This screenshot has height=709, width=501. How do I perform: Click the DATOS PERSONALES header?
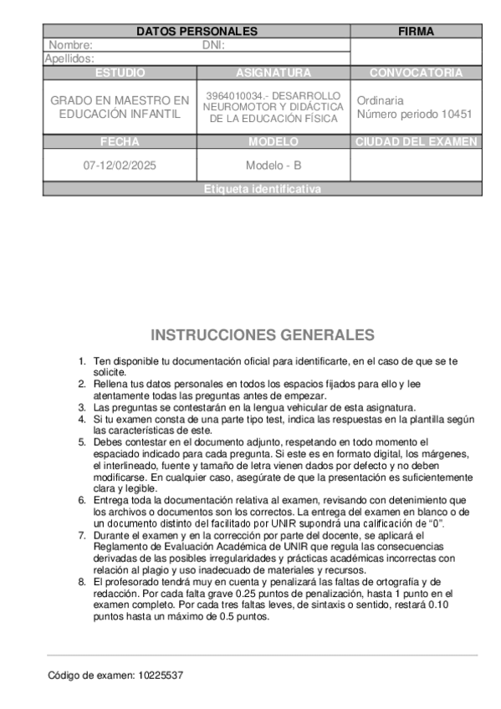(x=197, y=31)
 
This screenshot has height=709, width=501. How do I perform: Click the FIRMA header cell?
(x=416, y=31)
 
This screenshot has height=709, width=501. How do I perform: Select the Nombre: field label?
(x=71, y=45)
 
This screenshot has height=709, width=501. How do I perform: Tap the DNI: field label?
(x=214, y=45)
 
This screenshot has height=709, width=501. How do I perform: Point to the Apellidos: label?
(x=69, y=59)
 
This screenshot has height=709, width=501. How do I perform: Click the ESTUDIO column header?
(x=120, y=73)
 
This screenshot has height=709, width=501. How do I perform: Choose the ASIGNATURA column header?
(x=274, y=73)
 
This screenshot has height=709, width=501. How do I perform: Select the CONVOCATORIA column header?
(x=416, y=73)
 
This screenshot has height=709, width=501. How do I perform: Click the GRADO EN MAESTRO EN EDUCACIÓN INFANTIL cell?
(x=120, y=107)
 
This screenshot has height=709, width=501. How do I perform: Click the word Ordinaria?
(x=381, y=99)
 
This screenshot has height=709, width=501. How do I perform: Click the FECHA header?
(x=120, y=141)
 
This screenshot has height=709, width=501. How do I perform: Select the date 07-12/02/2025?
(x=120, y=166)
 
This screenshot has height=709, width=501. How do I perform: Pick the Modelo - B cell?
(x=274, y=166)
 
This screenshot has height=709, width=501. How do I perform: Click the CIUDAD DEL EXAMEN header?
(x=416, y=141)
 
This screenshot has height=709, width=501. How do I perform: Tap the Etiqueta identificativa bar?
(x=262, y=189)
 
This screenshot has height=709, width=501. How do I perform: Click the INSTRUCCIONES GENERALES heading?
(x=263, y=335)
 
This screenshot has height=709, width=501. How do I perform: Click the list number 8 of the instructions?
(x=82, y=580)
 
